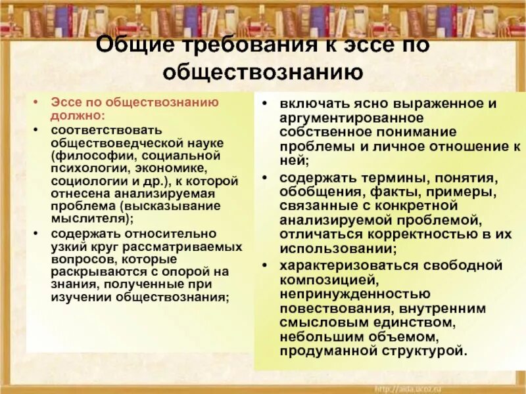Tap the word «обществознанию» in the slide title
pyautogui.click(x=262, y=72)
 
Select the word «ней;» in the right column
pyautogui.click(x=292, y=160)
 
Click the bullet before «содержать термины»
pyautogui.click(x=264, y=178)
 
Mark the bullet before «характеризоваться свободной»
pyautogui.click(x=264, y=265)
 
